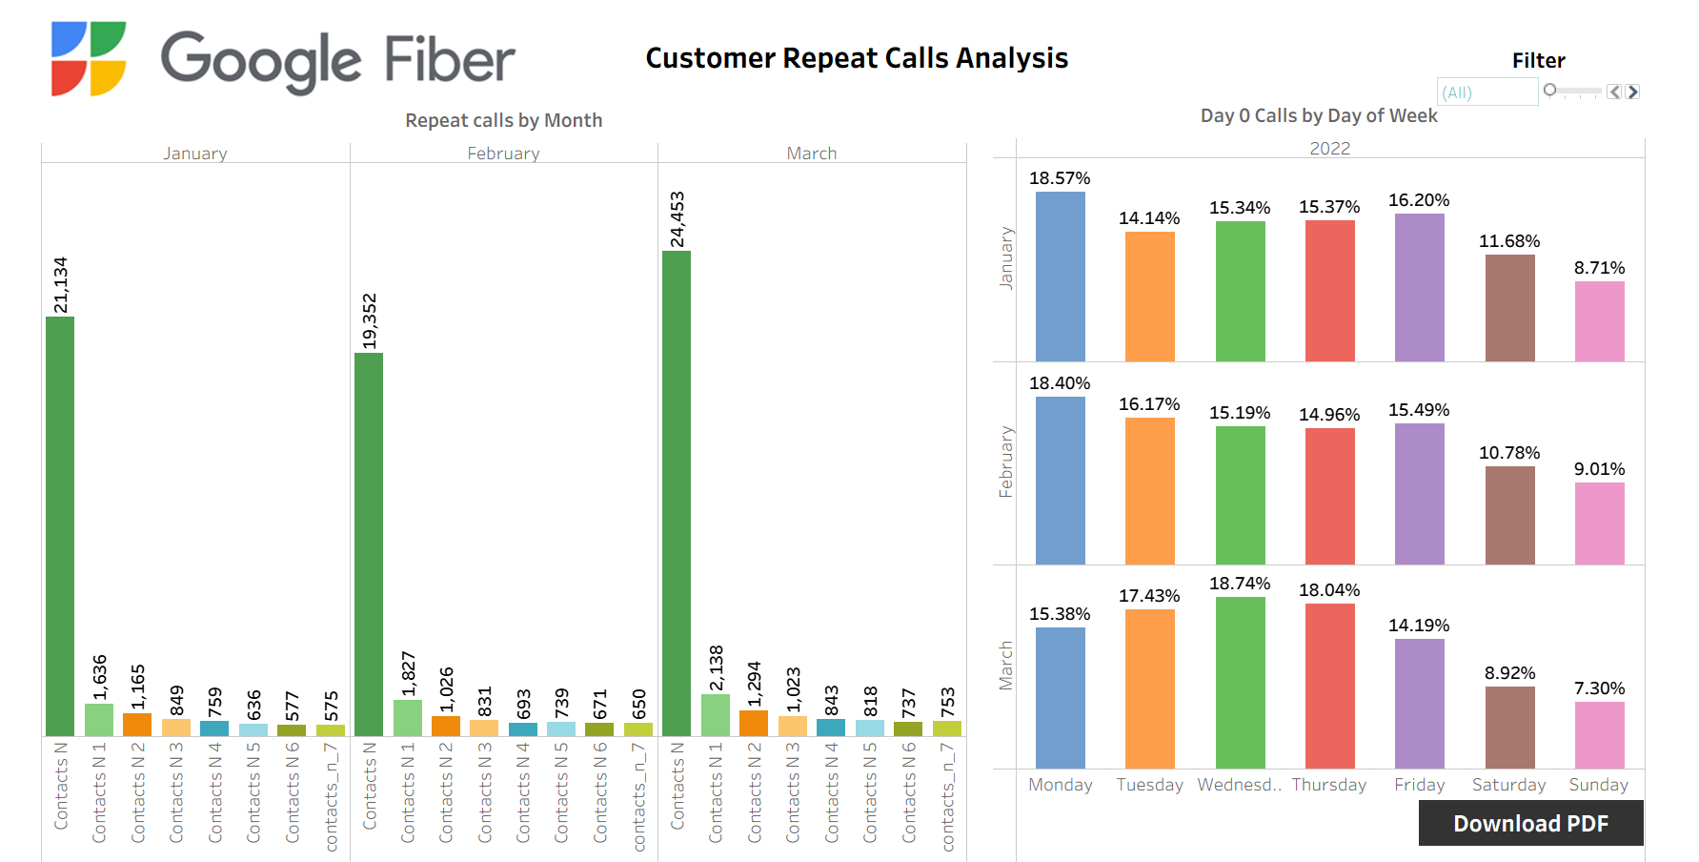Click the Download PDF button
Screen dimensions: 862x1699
tap(1530, 823)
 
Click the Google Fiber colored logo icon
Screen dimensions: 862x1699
tap(89, 59)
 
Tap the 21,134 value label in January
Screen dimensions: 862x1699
tap(61, 285)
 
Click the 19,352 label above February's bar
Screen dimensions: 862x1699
tap(370, 321)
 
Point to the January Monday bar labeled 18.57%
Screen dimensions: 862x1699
tap(1060, 277)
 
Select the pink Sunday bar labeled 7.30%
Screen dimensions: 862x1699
tap(1599, 734)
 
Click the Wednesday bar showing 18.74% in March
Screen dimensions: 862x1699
tap(1240, 683)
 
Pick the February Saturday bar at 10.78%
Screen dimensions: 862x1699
tap(1509, 515)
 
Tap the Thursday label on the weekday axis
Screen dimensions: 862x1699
tap(1328, 785)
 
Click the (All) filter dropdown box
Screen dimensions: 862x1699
tap(1487, 92)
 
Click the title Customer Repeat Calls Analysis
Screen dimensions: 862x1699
tap(857, 58)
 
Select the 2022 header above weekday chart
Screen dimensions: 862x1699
tap(1329, 149)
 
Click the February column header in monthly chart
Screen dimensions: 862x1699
tap(503, 154)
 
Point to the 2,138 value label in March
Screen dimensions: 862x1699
tap(717, 667)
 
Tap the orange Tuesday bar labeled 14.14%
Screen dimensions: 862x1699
tap(1149, 297)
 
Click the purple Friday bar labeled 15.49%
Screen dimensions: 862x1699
tap(1419, 494)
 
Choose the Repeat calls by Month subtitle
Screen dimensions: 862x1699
tap(503, 120)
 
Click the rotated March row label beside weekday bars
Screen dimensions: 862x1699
tap(1005, 666)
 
